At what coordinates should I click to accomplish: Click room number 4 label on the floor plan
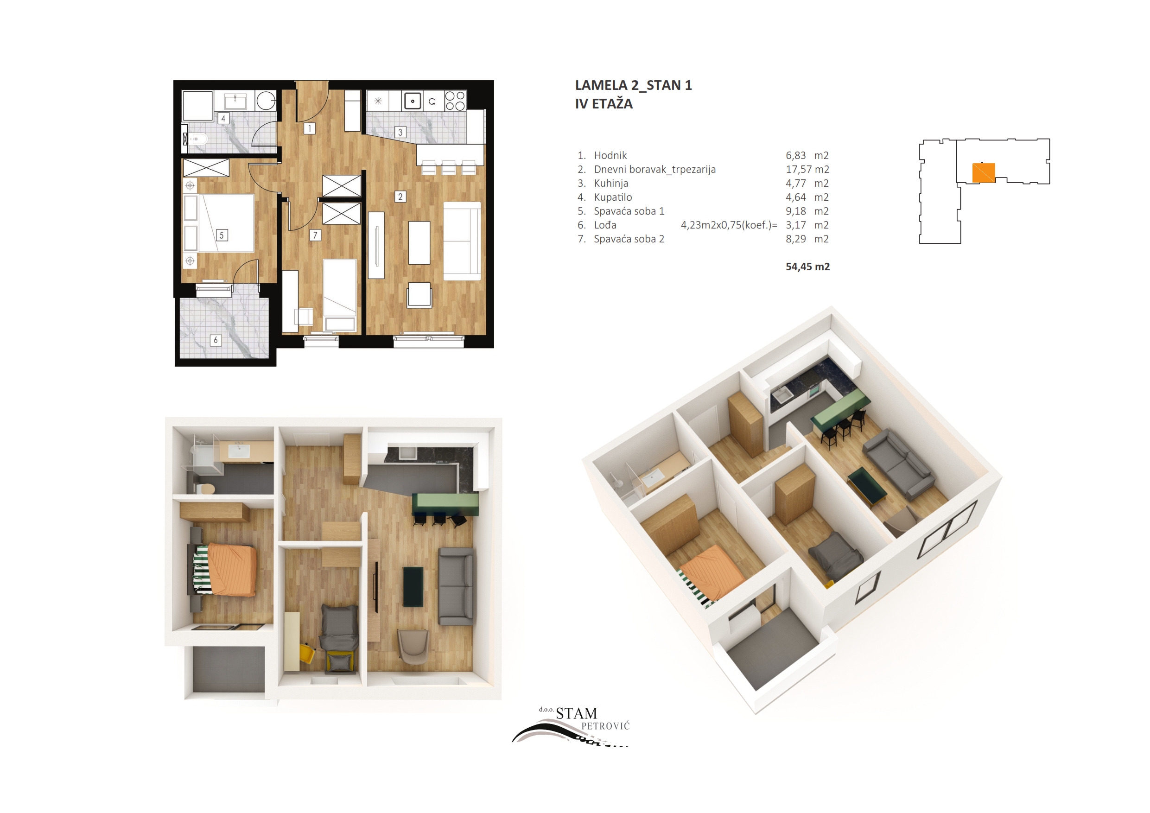point(223,119)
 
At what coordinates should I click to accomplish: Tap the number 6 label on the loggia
point(216,340)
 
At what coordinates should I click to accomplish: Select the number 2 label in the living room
point(400,197)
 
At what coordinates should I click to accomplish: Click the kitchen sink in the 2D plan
point(412,101)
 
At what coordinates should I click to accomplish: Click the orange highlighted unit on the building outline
point(983,173)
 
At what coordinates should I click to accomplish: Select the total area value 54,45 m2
point(807,267)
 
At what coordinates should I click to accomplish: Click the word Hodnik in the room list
point(610,155)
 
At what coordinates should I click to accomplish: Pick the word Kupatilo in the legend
point(613,197)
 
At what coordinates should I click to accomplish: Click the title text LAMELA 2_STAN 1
point(633,85)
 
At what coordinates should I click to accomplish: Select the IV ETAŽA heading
point(604,104)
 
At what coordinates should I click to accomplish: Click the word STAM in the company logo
point(577,713)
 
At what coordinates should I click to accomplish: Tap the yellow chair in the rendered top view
point(307,653)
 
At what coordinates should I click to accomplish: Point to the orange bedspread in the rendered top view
point(232,570)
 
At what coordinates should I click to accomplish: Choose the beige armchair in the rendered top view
point(413,646)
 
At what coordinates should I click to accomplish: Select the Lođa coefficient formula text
point(729,225)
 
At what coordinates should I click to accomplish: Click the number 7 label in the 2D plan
point(315,235)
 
